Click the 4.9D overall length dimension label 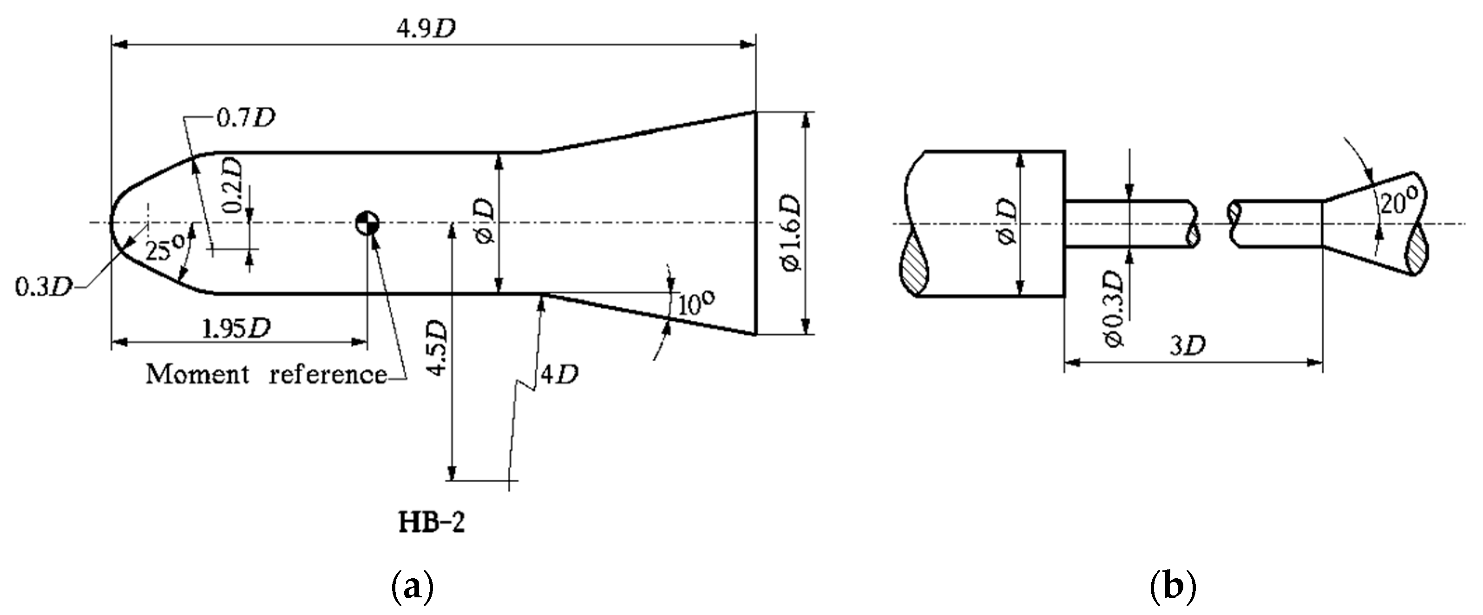[426, 29]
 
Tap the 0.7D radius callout [245, 118]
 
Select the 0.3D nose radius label [43, 287]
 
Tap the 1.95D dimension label [236, 329]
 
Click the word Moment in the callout [197, 374]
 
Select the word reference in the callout [328, 374]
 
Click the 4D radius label [559, 375]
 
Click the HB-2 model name [432, 523]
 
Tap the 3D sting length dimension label [1188, 345]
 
